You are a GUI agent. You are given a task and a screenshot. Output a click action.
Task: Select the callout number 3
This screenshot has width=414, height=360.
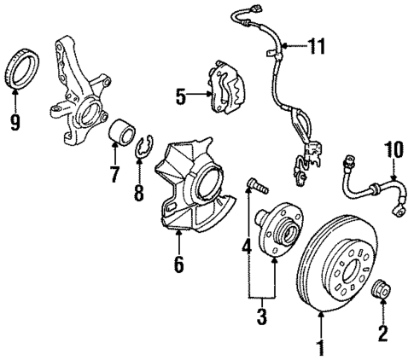pos(260,317)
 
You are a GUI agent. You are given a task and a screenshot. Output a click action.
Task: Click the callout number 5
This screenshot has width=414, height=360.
pos(181,97)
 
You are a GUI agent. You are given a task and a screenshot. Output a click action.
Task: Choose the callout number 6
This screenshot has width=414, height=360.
pos(178,264)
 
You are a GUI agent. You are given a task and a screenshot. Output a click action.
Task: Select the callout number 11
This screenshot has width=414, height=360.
pos(317,46)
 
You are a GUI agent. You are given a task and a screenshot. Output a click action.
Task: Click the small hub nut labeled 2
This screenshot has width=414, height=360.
pos(382,293)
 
